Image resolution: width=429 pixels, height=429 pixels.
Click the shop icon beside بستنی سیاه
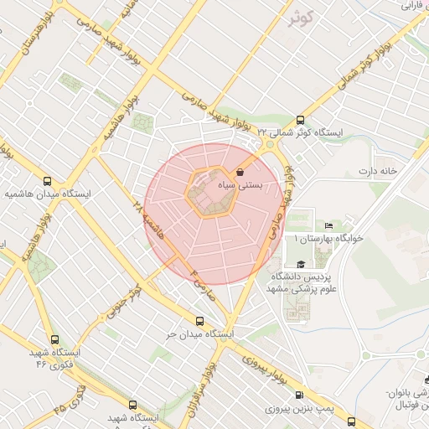pyautogui.click(x=241, y=172)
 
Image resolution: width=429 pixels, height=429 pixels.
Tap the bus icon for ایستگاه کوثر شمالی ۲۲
pyautogui.click(x=299, y=119)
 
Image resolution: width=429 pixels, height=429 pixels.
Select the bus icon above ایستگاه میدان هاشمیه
pyautogui.click(x=47, y=180)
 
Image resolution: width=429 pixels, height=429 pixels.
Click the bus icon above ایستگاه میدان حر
pyautogui.click(x=199, y=321)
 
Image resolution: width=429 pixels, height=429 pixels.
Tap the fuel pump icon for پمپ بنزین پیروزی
pyautogui.click(x=299, y=395)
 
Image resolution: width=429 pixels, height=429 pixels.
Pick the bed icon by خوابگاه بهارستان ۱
pyautogui.click(x=328, y=226)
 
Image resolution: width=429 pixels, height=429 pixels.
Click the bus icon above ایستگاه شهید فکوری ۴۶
pyautogui.click(x=55, y=339)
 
